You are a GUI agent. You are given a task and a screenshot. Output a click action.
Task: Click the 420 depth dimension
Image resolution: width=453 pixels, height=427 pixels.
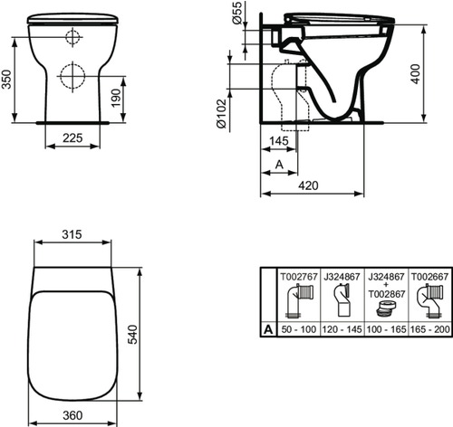311,186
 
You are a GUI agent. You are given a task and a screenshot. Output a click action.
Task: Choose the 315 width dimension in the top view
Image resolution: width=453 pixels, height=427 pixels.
72,234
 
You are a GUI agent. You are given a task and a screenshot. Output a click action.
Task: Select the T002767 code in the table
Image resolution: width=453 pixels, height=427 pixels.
295,275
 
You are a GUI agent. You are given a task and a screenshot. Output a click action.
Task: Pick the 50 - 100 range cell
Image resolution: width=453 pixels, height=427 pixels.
295,332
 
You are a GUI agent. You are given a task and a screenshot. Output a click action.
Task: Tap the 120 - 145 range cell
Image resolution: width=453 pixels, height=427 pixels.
340,332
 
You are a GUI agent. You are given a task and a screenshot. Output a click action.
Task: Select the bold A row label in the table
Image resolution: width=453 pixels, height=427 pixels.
267,332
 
